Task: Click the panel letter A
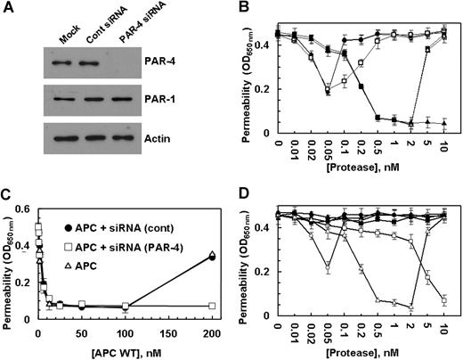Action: [x=9, y=9]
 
